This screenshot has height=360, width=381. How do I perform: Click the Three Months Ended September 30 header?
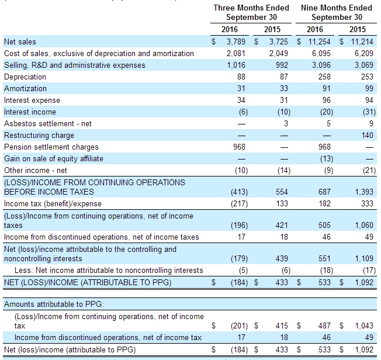251,12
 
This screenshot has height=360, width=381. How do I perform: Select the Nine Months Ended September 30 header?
337,12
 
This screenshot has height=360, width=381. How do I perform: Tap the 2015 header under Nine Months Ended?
358,29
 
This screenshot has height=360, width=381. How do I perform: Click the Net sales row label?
20,41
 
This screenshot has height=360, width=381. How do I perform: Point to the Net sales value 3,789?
236,41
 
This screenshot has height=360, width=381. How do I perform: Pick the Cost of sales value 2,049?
279,53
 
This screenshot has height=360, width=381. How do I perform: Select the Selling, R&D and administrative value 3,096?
321,65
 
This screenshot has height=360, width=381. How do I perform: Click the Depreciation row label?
25,77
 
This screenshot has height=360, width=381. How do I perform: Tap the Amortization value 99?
369,88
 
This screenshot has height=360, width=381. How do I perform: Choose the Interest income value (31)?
369,112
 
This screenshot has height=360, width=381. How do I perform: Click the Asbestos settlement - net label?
48,123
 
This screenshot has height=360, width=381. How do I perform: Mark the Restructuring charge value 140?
367,135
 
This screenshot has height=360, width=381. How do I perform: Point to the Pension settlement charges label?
51,147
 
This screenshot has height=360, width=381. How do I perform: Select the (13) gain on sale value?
327,159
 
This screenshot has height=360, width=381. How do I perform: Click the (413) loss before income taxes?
240,192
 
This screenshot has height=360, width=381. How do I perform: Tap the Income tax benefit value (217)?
240,204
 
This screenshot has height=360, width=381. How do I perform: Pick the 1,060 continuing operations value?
364,225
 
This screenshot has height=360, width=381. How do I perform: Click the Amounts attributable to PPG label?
54,304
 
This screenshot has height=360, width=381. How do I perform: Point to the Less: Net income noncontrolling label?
109,271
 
